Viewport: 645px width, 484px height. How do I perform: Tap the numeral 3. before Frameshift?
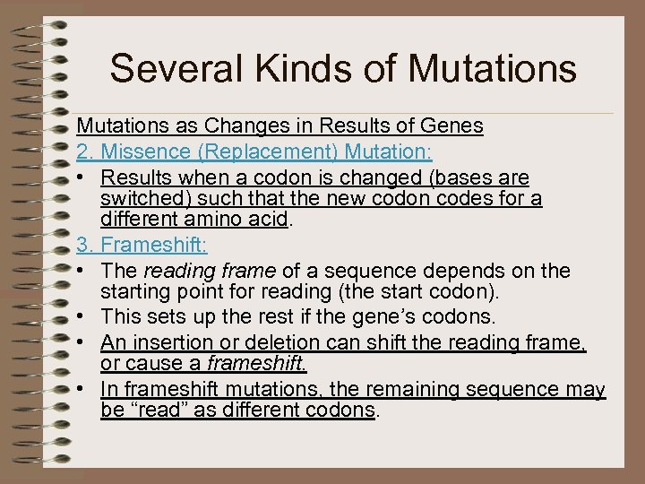click(85, 244)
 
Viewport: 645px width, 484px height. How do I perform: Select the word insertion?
click(170, 341)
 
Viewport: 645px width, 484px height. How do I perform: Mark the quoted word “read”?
click(154, 410)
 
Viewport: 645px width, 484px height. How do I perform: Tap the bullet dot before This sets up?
click(82, 316)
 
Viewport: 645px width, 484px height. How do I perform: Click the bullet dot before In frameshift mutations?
click(82, 390)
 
